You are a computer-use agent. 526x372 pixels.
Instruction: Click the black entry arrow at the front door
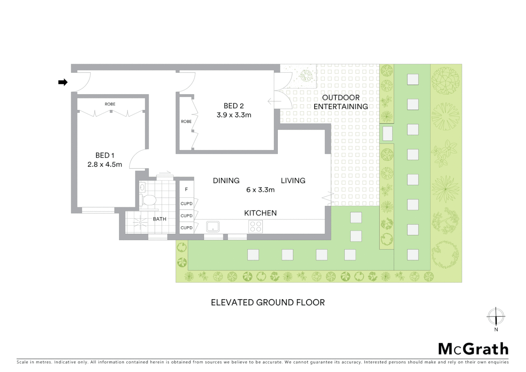coord(63,82)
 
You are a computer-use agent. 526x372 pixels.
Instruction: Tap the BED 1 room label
coord(105,155)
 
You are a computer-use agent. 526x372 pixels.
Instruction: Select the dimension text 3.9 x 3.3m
coord(234,115)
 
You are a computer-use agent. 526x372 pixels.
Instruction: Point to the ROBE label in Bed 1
coord(110,104)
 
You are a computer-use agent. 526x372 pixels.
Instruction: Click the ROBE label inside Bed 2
coord(186,122)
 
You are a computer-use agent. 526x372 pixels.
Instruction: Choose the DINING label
coord(226,180)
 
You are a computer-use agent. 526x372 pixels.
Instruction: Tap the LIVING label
coord(293,180)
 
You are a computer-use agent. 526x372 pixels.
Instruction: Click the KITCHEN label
coord(260,213)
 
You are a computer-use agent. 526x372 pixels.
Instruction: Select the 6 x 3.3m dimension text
coord(260,190)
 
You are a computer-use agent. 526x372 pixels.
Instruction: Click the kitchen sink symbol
coord(213,227)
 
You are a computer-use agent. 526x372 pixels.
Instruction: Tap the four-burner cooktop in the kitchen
coord(255,227)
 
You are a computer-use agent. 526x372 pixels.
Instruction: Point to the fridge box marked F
coord(187,189)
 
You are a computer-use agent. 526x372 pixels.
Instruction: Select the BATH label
coord(160,219)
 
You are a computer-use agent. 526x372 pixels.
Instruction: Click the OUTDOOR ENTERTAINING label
coord(340,102)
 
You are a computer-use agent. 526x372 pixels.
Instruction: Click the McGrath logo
coord(473,349)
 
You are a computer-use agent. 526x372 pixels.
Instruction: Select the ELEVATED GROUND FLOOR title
coord(268,302)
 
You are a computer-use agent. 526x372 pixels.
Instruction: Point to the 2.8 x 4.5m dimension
coord(105,165)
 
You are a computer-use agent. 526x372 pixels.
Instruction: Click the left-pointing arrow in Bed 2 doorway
coord(274,102)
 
